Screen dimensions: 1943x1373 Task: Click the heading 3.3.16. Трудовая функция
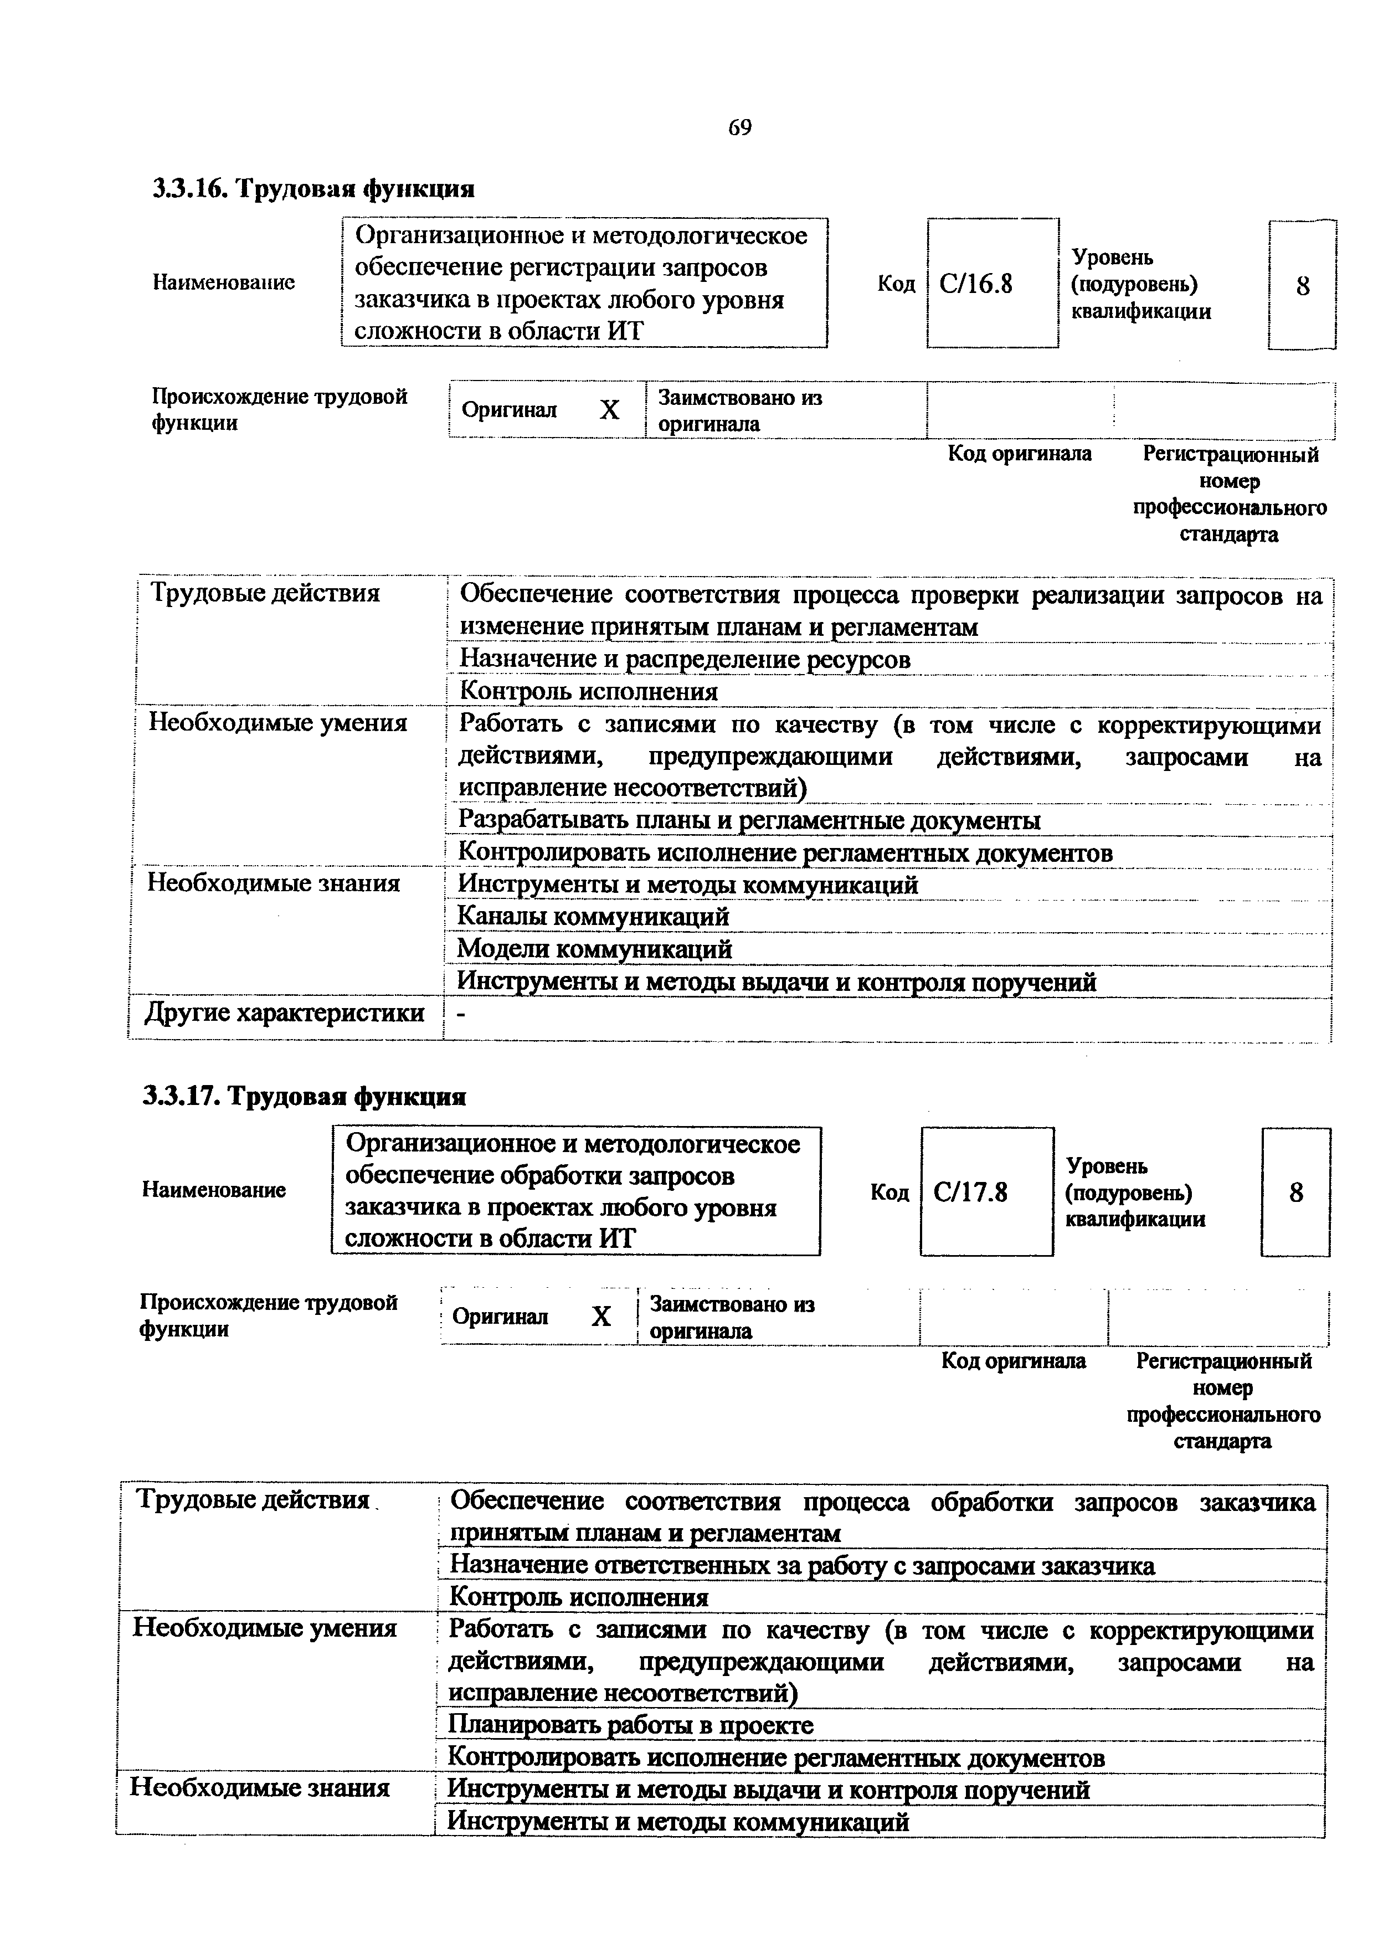(x=313, y=188)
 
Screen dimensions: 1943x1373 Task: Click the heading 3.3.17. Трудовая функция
(x=305, y=1097)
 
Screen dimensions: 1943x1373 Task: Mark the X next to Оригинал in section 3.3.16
(x=609, y=410)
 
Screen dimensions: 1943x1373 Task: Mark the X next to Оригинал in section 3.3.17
(x=600, y=1317)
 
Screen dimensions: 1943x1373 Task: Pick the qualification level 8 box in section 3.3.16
(x=1302, y=286)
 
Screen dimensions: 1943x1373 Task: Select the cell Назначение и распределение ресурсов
(x=685, y=659)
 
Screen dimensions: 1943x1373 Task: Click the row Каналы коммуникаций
(x=592, y=917)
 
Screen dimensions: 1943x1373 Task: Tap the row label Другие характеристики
(x=285, y=1012)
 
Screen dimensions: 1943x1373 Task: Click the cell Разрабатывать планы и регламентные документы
(x=749, y=820)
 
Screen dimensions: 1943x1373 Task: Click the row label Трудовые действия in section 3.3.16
(x=264, y=593)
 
